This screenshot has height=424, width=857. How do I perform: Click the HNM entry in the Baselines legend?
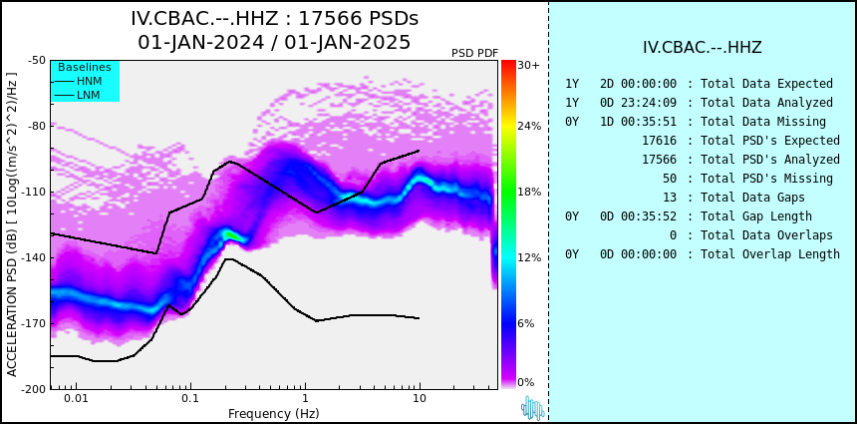76,82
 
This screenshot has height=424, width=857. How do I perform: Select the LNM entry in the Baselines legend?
76,96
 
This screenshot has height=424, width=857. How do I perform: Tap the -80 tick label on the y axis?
36,126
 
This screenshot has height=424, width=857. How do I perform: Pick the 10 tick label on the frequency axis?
420,398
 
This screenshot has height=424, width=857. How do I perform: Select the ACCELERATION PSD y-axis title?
12,224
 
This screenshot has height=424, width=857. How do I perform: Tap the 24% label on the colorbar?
529,127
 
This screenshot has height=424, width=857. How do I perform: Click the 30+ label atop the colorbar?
528,65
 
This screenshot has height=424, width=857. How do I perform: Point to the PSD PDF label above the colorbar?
475,53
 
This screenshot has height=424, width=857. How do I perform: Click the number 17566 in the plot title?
329,19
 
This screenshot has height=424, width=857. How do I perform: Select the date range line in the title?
274,42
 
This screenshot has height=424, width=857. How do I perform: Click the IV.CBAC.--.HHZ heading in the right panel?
703,48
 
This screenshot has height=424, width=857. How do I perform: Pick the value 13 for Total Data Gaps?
670,197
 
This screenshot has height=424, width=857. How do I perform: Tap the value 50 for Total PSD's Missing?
670,179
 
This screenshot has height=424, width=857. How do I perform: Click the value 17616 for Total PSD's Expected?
659,141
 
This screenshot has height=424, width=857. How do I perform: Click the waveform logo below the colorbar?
532,408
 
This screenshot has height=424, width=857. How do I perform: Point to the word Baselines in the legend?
85,67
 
